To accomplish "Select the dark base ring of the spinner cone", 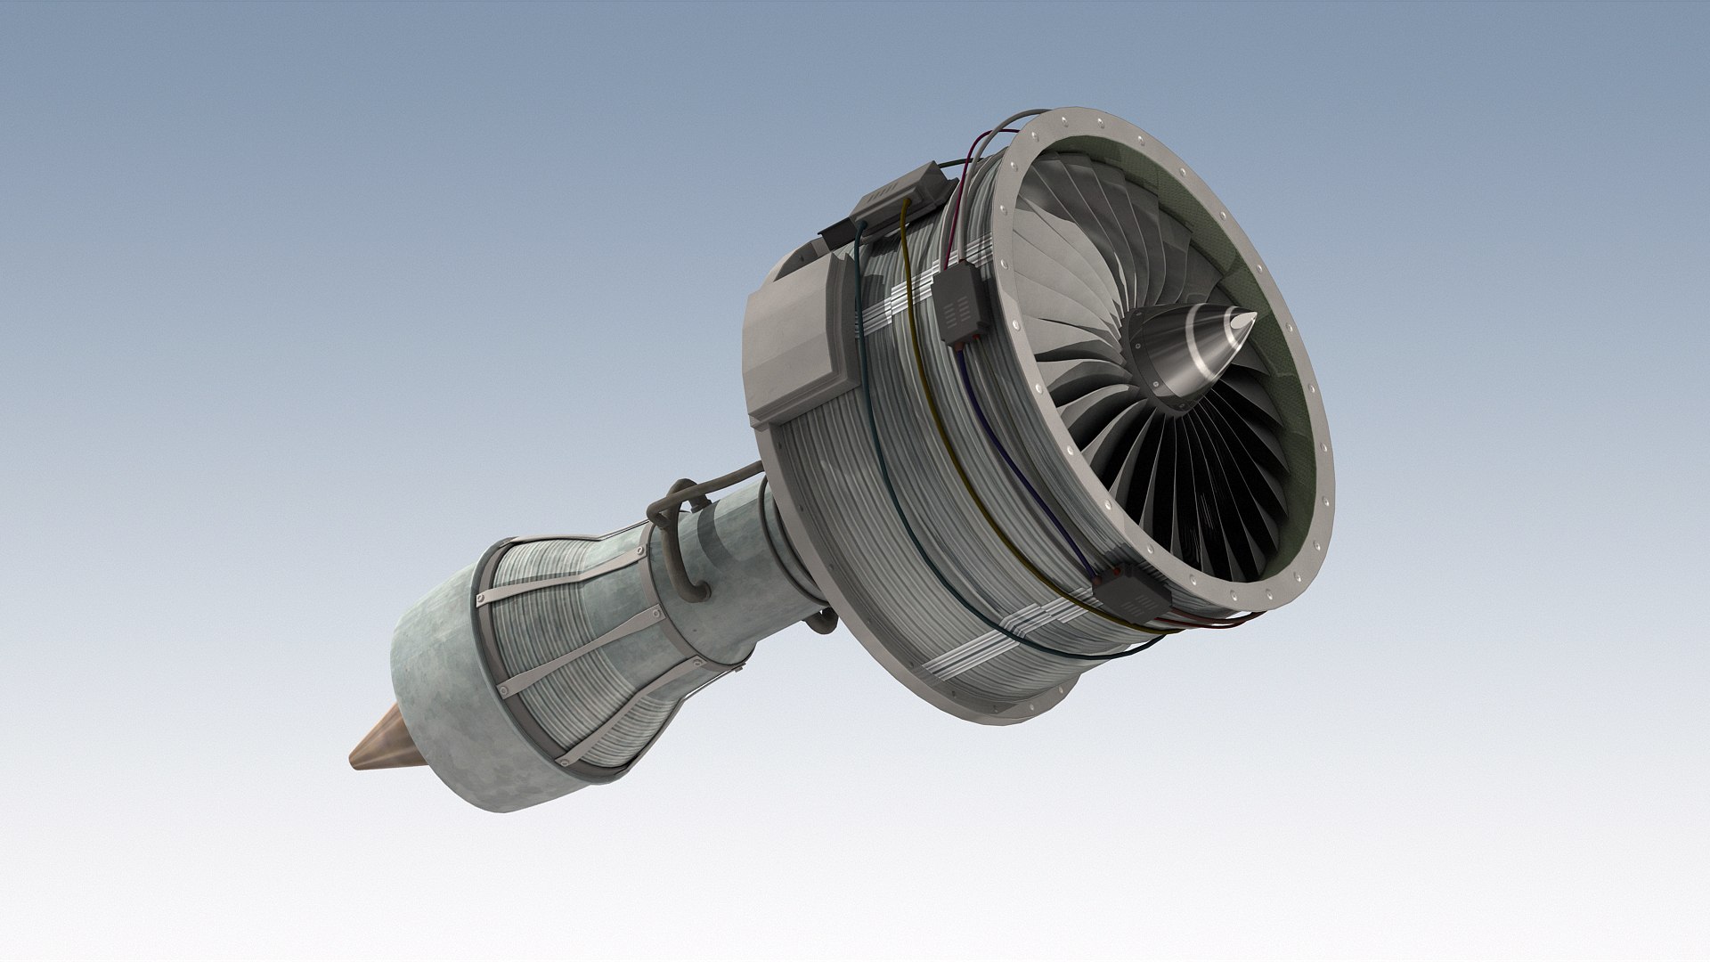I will click(x=1158, y=374).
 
